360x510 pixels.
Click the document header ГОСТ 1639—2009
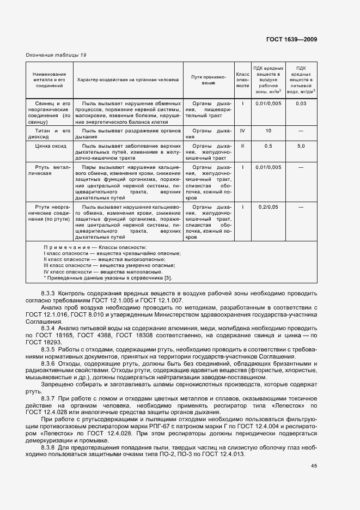click(292, 40)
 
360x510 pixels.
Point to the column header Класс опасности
click(242, 80)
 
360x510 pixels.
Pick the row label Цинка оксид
click(50, 147)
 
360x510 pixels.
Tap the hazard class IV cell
click(242, 131)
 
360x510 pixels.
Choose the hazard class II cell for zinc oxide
click(242, 147)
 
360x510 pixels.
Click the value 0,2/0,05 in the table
click(268, 208)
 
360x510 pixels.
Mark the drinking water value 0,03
click(301, 104)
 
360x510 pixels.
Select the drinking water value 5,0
click(301, 147)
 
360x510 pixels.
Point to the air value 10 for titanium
click(268, 131)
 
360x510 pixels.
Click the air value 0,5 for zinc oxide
click(268, 147)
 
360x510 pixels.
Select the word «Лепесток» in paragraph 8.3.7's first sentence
click(289, 406)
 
